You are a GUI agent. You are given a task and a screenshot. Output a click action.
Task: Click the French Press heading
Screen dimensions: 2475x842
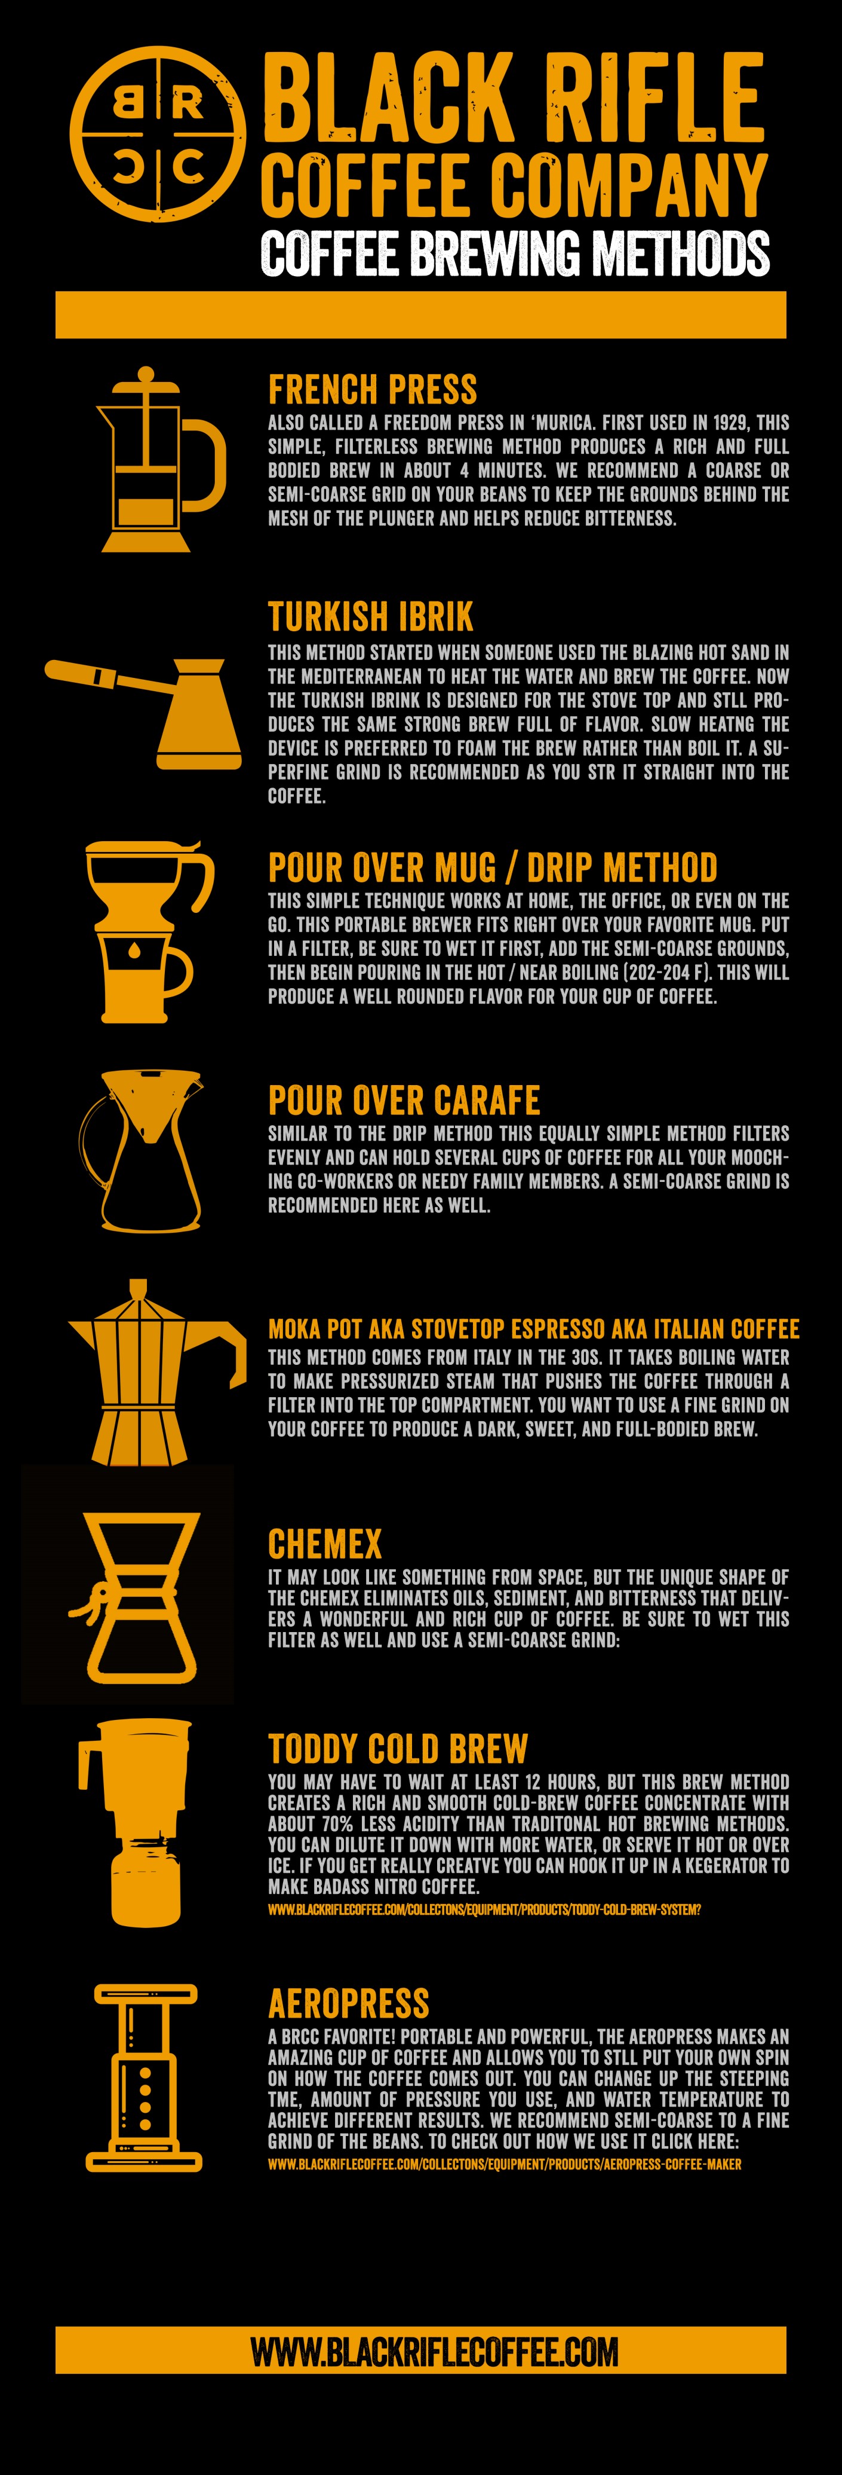click(x=373, y=390)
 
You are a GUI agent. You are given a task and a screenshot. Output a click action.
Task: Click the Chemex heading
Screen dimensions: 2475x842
click(x=324, y=1544)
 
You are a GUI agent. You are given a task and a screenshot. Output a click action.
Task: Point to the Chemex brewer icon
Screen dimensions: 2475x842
click(x=139, y=1597)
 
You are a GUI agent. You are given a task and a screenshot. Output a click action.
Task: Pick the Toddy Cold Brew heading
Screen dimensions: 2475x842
click(x=398, y=1747)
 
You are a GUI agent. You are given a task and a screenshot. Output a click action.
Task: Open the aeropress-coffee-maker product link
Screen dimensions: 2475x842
click(x=504, y=2165)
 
